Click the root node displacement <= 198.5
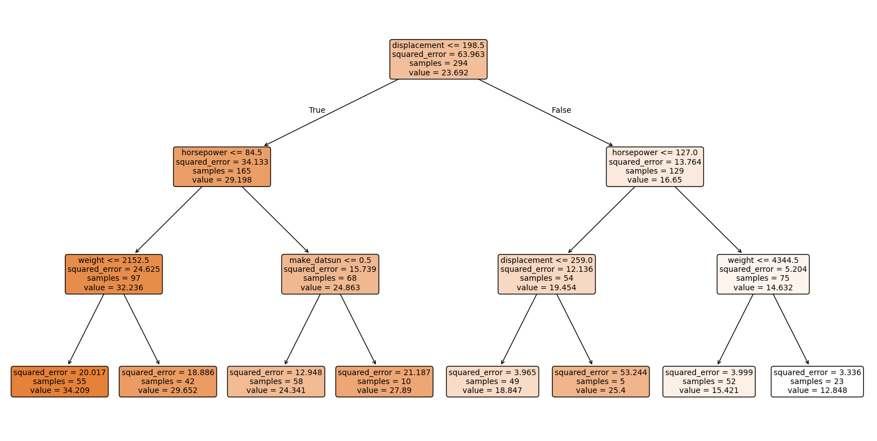click(x=438, y=59)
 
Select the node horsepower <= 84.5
click(x=222, y=166)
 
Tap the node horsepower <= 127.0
click(x=655, y=166)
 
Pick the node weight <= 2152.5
click(x=113, y=274)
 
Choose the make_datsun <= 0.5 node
click(x=330, y=274)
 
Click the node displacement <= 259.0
click(x=546, y=274)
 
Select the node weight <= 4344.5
click(x=763, y=274)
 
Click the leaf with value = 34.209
click(x=60, y=381)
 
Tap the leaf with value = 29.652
click(x=168, y=381)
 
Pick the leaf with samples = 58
click(x=276, y=381)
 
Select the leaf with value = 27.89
click(x=384, y=381)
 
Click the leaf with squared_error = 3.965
click(x=492, y=381)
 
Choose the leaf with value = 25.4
click(x=600, y=381)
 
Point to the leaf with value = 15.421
click(x=709, y=381)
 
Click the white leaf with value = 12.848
click(x=817, y=381)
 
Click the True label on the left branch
click(x=317, y=110)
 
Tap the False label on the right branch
click(x=561, y=110)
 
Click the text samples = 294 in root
click(x=438, y=64)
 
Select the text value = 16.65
click(x=655, y=180)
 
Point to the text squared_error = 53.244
click(x=600, y=372)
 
